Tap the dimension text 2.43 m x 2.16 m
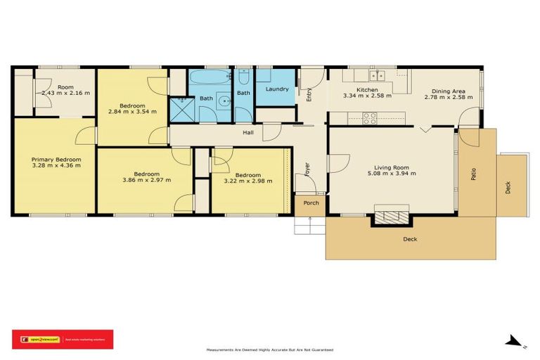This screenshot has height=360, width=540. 65,93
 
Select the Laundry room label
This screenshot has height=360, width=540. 278,89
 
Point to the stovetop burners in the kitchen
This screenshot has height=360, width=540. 370,118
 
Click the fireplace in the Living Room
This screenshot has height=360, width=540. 391,215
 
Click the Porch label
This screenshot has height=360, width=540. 311,203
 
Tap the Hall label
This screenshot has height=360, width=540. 248,131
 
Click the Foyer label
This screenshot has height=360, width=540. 307,169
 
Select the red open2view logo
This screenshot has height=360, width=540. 63,339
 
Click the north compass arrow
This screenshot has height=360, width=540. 515,341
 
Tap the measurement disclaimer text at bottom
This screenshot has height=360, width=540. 269,349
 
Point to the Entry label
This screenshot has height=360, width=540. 309,94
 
